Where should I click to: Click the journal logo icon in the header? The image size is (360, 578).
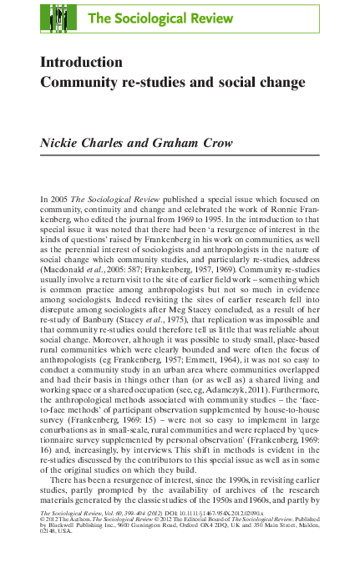tap(59, 18)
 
